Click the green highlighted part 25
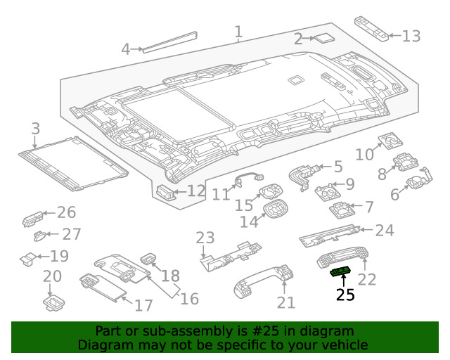(x=340, y=271)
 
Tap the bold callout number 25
(x=345, y=295)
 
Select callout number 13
(x=411, y=36)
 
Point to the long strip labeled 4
(x=170, y=42)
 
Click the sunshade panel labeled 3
(x=73, y=163)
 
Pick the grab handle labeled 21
(x=264, y=281)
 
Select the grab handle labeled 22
(x=343, y=257)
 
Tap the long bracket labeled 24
(x=330, y=236)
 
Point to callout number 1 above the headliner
(x=238, y=32)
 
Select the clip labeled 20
(x=53, y=304)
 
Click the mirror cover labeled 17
(x=103, y=288)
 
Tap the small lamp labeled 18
(x=148, y=258)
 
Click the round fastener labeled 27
(x=39, y=236)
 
